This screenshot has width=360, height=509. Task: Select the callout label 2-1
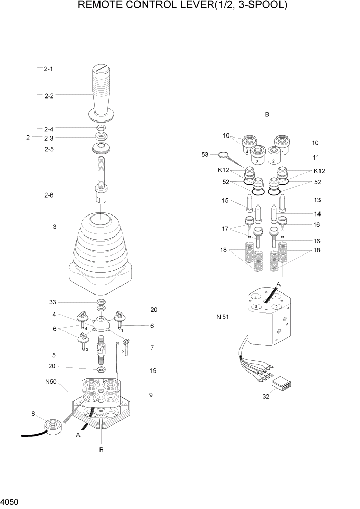pyautogui.click(x=49, y=68)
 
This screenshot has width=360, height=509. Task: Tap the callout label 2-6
pyautogui.click(x=49, y=194)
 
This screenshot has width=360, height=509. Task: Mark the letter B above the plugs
pyautogui.click(x=267, y=115)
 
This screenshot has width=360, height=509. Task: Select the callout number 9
pyautogui.click(x=150, y=395)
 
